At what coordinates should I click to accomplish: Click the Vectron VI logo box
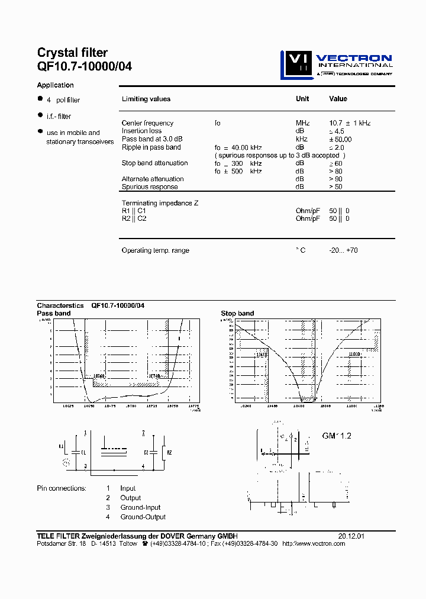[x=295, y=65]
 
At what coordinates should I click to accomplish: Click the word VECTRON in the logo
[x=353, y=58]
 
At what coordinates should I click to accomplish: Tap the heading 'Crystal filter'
[x=72, y=53]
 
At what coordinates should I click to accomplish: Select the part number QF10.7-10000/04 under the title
[x=85, y=67]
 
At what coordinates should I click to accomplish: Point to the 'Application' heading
[x=56, y=85]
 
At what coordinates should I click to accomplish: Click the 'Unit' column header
[x=302, y=99]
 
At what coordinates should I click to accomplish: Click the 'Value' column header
[x=338, y=99]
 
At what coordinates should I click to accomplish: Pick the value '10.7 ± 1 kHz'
[x=349, y=123]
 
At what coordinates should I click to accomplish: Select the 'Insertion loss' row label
[x=141, y=131]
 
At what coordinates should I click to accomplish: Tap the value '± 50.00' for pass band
[x=340, y=139]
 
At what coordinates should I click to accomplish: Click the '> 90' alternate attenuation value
[x=335, y=179]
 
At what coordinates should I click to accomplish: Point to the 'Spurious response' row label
[x=150, y=187]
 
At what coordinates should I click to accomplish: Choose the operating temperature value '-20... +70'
[x=343, y=250]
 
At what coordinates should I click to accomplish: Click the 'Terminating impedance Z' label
[x=160, y=203]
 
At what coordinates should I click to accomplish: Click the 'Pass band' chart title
[x=54, y=313]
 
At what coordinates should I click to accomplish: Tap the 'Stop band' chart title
[x=237, y=313]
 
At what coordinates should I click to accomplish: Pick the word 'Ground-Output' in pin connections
[x=143, y=517]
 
